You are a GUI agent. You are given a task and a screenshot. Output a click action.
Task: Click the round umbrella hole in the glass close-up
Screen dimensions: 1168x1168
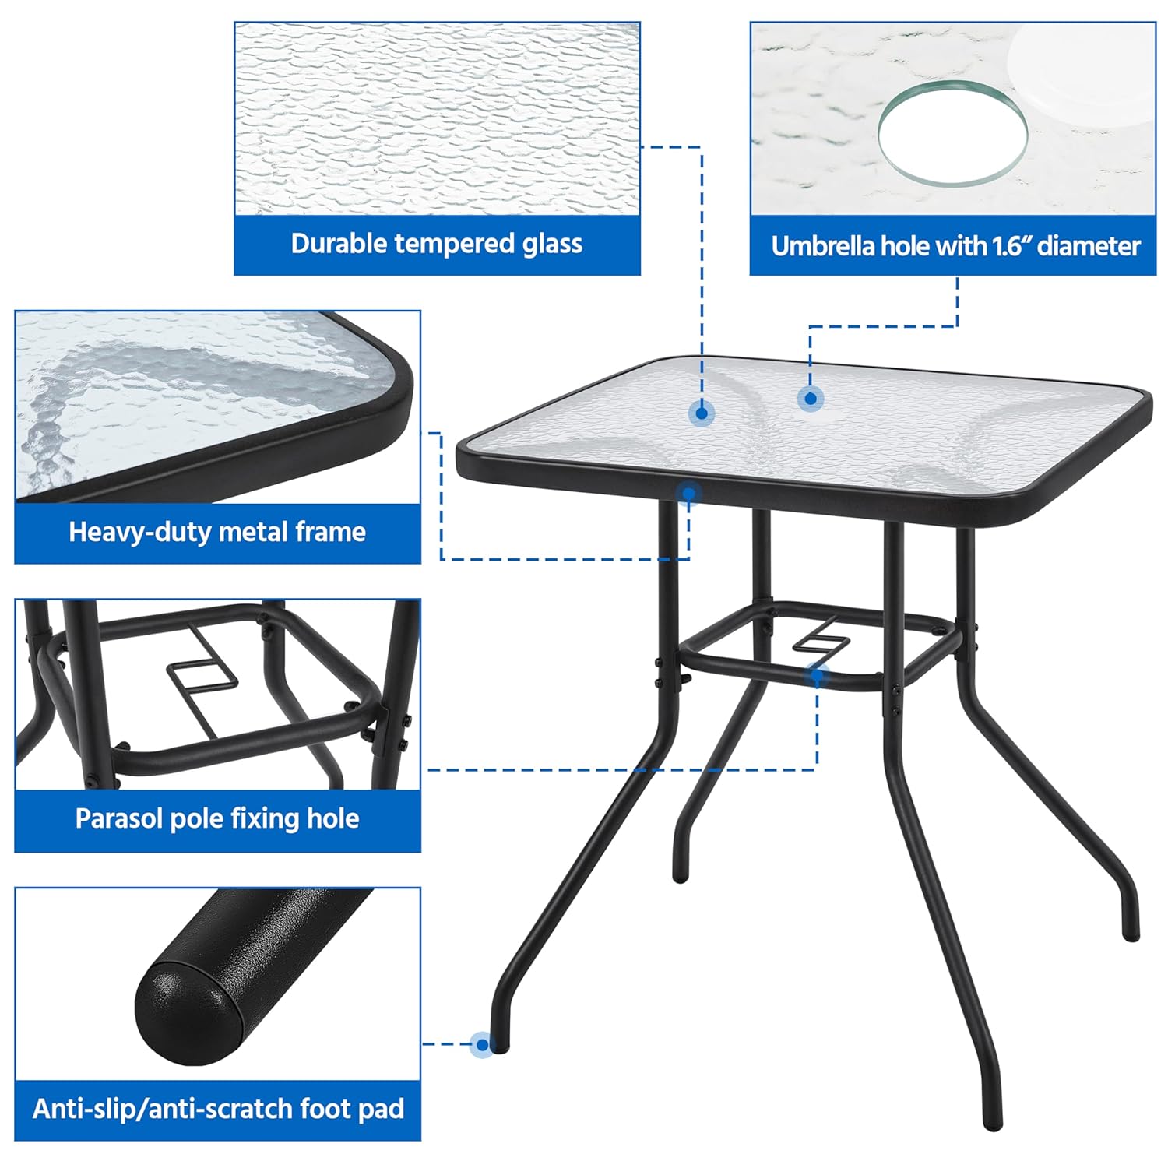click(952, 133)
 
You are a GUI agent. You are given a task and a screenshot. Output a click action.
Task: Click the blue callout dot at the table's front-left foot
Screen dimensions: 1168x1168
click(483, 1044)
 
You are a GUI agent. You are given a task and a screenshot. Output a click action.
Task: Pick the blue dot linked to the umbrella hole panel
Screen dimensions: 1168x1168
click(811, 399)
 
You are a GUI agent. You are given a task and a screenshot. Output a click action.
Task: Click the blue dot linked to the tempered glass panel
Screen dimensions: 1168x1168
click(702, 413)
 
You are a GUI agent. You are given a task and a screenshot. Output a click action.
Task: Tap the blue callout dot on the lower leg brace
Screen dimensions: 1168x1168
click(816, 676)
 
